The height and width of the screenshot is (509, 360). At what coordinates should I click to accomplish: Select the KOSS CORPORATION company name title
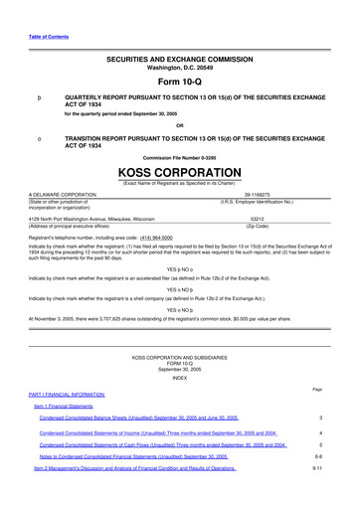pyautogui.click(x=179, y=170)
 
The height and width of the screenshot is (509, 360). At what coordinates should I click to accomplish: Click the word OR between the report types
pyautogui.click(x=179, y=125)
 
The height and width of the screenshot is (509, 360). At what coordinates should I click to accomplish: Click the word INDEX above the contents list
pyautogui.click(x=179, y=350)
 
